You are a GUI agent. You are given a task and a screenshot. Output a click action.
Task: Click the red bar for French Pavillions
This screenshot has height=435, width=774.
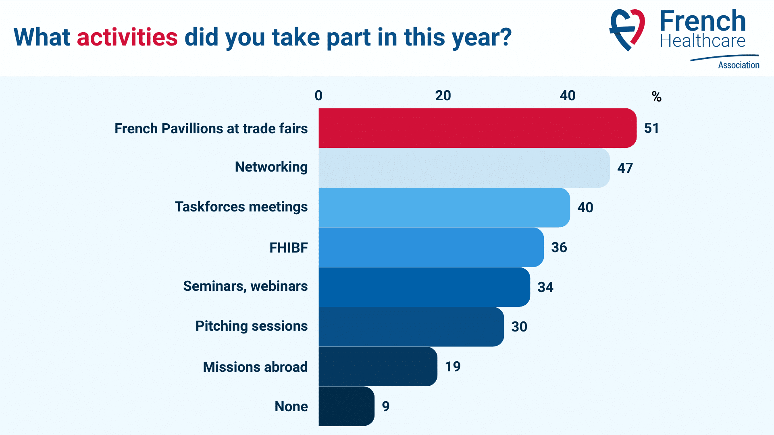click(478, 128)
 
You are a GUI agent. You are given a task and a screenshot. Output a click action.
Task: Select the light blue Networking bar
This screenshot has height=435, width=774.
click(464, 168)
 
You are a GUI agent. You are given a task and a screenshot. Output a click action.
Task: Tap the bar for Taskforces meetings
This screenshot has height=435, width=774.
click(444, 207)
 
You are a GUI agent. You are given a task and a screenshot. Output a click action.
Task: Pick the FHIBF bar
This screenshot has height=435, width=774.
click(431, 247)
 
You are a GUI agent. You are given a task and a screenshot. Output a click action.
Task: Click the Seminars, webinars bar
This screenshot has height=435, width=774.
click(424, 287)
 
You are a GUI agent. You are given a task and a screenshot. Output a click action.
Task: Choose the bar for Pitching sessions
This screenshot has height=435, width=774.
click(411, 327)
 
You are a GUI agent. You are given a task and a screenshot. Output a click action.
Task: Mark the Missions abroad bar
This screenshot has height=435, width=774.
click(378, 367)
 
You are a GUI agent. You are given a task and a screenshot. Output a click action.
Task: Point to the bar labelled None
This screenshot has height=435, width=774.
click(346, 406)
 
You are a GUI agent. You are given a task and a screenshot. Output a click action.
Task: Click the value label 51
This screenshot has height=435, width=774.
click(651, 128)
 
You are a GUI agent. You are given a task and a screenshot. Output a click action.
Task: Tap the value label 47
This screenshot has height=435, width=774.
click(625, 168)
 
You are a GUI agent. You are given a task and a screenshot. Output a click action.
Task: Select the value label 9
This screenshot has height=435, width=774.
click(386, 406)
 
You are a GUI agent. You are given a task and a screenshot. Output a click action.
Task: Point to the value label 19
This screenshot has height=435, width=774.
click(453, 367)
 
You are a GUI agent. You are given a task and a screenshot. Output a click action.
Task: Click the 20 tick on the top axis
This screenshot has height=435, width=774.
click(443, 95)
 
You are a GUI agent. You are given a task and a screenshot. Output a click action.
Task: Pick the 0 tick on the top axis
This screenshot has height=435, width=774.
click(318, 95)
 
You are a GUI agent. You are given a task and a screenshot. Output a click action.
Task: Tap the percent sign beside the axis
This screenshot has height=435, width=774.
click(657, 97)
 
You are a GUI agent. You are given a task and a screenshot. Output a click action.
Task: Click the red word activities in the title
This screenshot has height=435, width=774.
click(127, 37)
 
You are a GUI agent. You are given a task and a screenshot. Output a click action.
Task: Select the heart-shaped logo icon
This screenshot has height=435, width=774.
click(627, 30)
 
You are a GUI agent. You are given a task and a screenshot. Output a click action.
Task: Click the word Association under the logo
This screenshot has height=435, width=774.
click(739, 65)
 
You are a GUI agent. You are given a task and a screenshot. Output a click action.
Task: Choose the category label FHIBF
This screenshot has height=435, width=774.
click(289, 248)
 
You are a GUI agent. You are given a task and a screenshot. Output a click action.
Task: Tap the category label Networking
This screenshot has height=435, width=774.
click(271, 167)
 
